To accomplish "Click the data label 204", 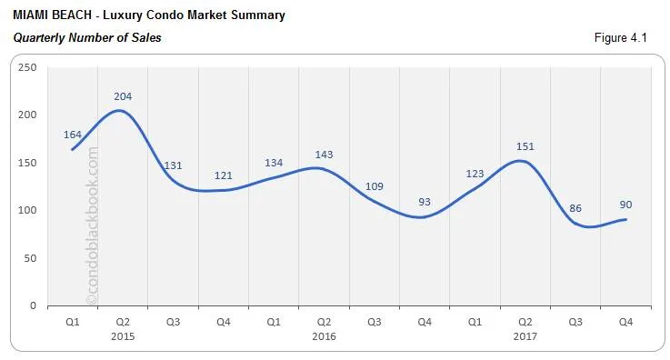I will pos(124,95).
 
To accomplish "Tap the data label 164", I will pos(73,135).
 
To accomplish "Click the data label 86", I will pos(575,208).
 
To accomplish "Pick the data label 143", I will pos(324,155).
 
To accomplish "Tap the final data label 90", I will pos(626,205).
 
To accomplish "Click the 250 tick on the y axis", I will pos(26,67).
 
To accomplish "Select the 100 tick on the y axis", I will pos(26,210).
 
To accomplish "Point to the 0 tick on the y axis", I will pos(32,305).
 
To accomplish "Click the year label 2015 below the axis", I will pos(124,335).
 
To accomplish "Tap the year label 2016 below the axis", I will pos(324,335).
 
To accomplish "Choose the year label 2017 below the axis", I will pos(525,335).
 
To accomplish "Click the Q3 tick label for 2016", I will pos(374,322).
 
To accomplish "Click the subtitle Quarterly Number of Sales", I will pos(87,38).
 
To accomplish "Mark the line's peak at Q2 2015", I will pos(121,111).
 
